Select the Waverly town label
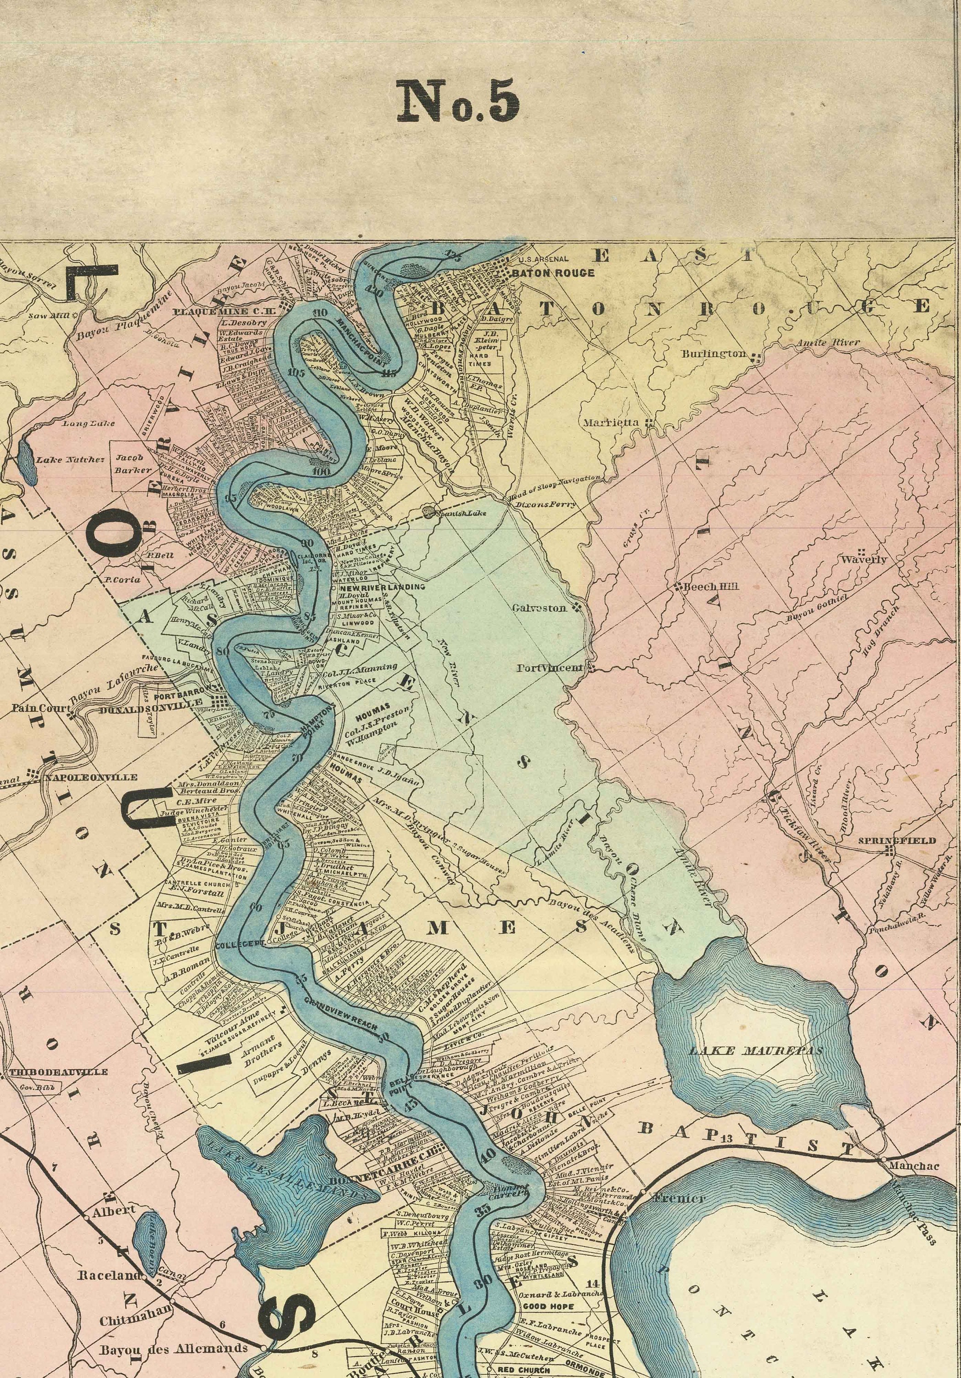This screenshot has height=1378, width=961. pyautogui.click(x=863, y=559)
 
